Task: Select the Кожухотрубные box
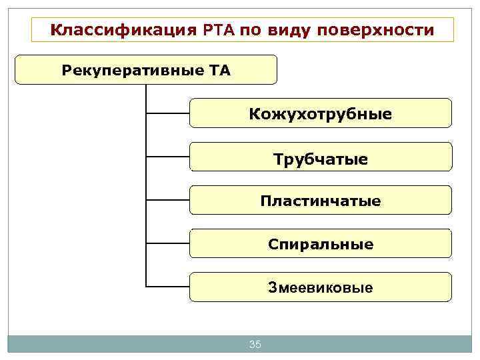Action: click(321, 113)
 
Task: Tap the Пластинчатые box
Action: click(321, 200)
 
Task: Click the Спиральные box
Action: click(321, 244)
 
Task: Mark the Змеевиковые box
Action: click(321, 287)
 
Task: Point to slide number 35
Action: click(255, 344)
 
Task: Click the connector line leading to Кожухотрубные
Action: click(167, 113)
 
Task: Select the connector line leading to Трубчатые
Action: click(167, 157)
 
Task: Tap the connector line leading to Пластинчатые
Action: click(167, 200)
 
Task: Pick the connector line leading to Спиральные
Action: click(167, 244)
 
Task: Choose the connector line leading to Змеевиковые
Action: click(167, 287)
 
